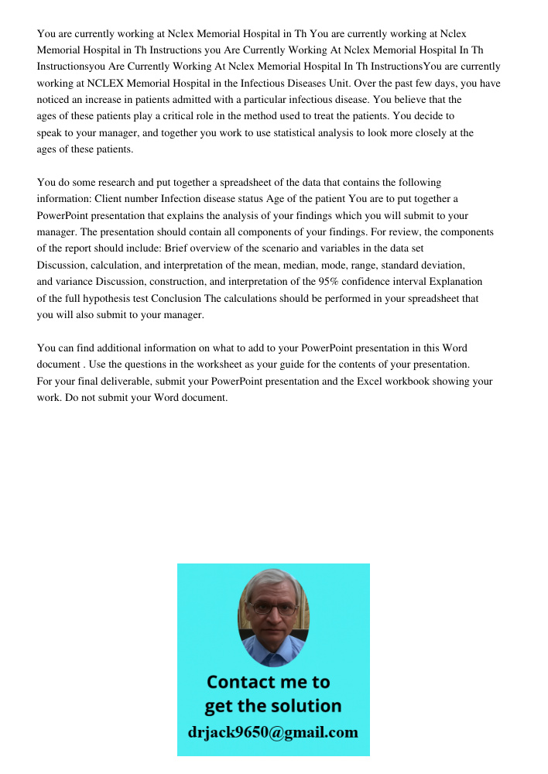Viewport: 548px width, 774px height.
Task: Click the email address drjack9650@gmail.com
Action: tap(273, 732)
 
